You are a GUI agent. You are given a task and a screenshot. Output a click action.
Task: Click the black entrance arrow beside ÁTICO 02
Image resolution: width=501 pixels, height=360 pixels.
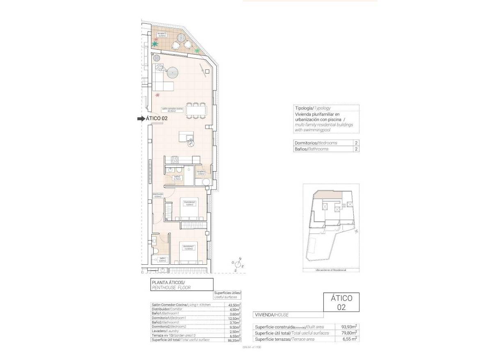point(141,118)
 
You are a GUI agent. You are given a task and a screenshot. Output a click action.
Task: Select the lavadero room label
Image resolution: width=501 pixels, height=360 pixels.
point(201,173)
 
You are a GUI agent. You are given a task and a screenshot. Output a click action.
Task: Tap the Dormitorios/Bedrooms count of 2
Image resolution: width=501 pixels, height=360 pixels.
point(356,143)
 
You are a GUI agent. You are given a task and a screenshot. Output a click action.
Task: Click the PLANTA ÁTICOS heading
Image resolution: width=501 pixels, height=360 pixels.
point(168,282)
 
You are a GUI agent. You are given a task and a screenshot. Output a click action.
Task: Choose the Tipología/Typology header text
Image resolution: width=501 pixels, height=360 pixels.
point(313,108)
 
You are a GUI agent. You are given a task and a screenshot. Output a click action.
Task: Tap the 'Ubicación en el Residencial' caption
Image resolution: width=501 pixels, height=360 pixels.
point(331,270)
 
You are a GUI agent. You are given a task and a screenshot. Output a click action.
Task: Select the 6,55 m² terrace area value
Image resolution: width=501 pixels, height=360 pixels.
point(349,339)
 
